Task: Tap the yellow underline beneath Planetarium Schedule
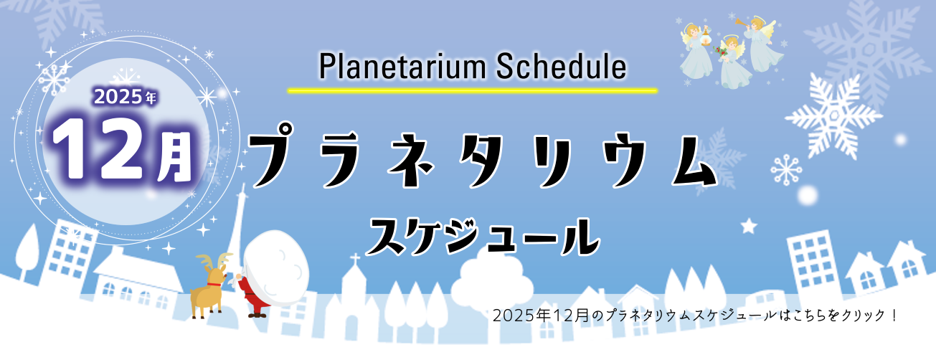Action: (472, 91)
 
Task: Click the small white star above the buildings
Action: (749, 226)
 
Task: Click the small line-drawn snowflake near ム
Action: (785, 169)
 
